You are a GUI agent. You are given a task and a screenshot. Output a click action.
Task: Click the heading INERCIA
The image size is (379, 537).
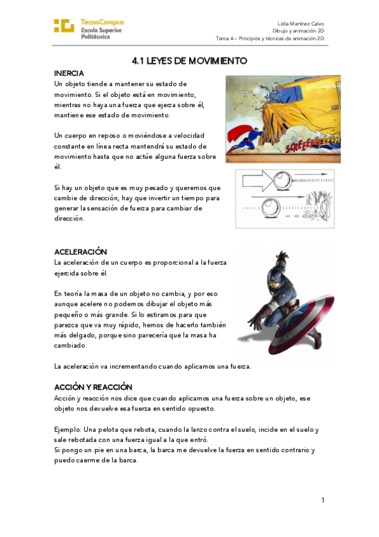[69, 73]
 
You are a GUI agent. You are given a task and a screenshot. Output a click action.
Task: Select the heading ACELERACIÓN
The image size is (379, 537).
[80, 251]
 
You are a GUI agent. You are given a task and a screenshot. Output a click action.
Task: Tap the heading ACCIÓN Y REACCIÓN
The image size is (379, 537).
[93, 386]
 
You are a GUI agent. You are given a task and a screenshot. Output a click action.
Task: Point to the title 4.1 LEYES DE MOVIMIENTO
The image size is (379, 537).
[189, 61]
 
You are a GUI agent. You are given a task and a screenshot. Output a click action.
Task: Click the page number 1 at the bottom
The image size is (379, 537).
[323, 500]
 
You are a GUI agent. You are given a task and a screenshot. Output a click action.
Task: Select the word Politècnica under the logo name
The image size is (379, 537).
[96, 37]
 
